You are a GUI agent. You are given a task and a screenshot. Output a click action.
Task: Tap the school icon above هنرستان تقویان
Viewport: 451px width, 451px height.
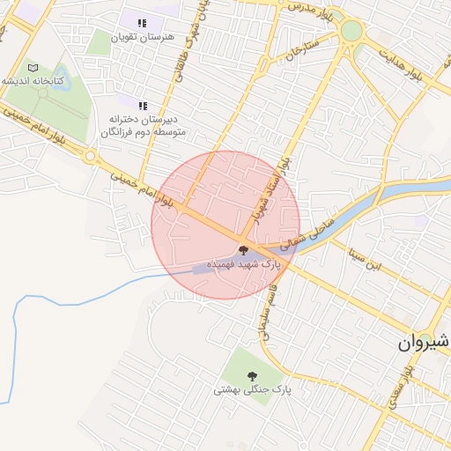coord(143,24)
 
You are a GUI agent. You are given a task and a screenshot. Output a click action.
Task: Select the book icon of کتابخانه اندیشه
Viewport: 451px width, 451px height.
coord(33,67)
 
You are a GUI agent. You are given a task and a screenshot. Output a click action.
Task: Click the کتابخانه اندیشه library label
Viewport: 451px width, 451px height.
coord(33,80)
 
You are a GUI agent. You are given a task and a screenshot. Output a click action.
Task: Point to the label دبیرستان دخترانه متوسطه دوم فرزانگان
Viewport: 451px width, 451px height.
coord(148,125)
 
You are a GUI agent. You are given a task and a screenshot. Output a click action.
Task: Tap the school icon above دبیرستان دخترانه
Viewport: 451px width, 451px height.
coord(143,106)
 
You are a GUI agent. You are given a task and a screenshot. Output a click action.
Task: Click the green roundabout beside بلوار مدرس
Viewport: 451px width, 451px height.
coord(351,31)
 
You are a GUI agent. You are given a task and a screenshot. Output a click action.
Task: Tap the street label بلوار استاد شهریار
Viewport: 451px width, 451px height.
coord(272,190)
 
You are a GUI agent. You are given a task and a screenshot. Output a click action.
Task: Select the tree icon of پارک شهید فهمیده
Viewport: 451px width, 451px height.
coord(244,251)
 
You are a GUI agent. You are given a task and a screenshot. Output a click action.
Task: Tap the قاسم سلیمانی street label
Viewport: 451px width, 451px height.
coord(267,318)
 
